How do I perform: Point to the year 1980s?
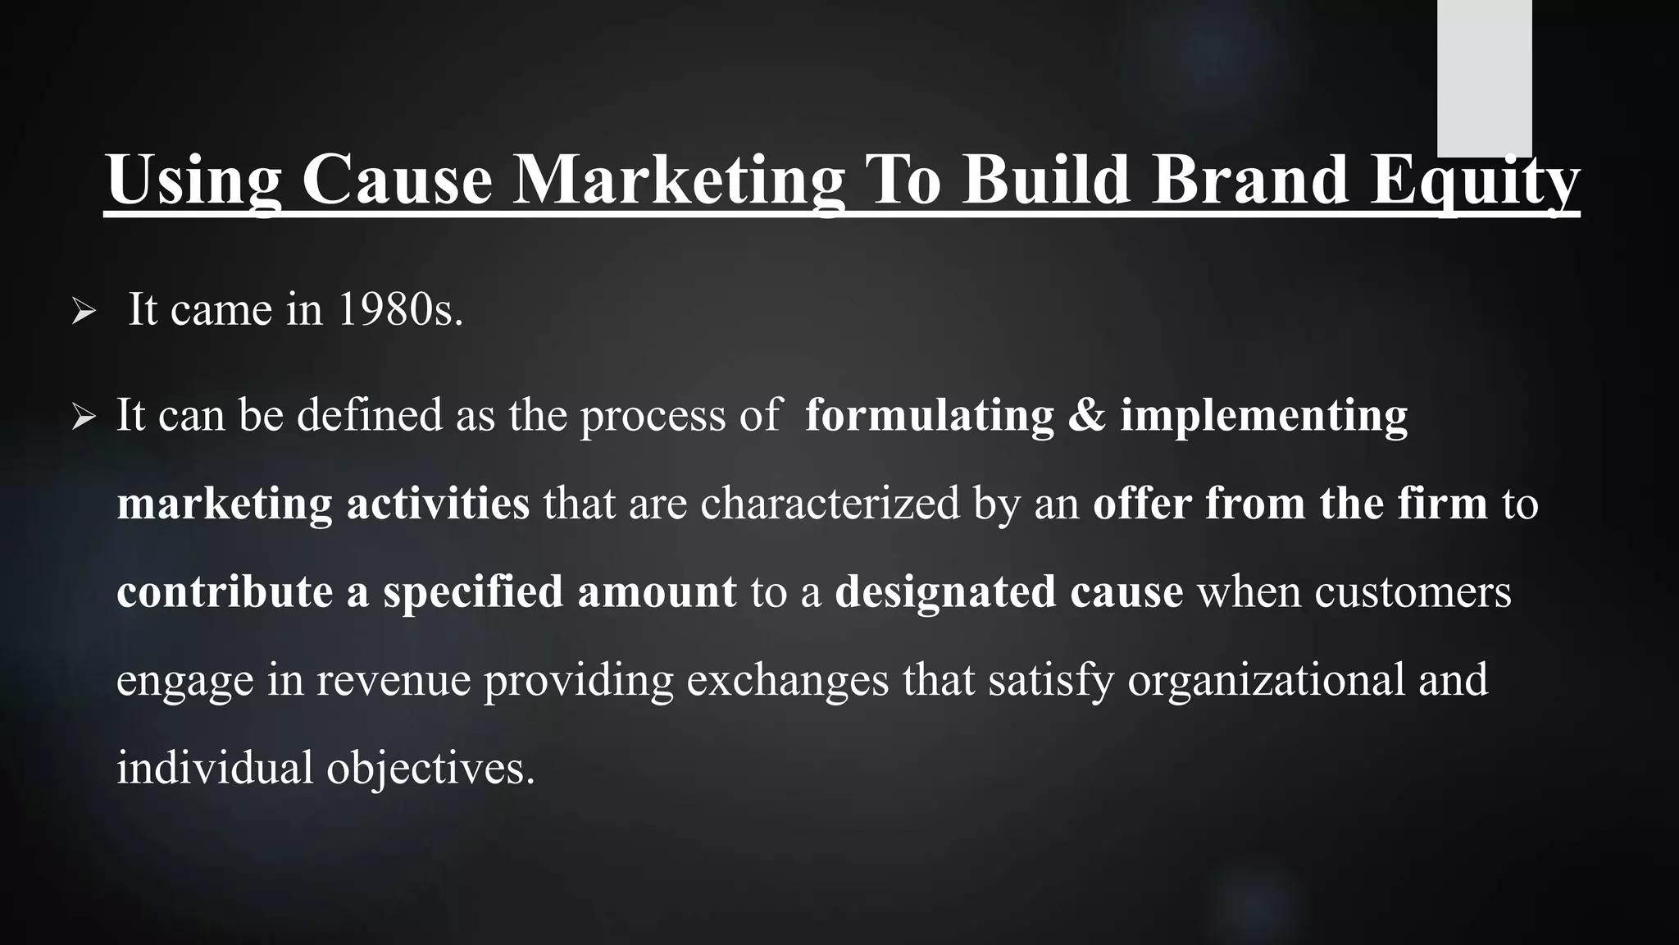pyautogui.click(x=399, y=310)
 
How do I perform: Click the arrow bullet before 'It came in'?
pyautogui.click(x=84, y=312)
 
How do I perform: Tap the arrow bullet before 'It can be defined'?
pyautogui.click(x=84, y=417)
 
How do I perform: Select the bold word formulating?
pyautogui.click(x=929, y=416)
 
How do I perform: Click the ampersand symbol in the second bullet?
pyautogui.click(x=1087, y=416)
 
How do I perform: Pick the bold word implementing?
pyautogui.click(x=1263, y=416)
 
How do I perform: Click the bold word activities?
pyautogui.click(x=438, y=504)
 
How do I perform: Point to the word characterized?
pyautogui.click(x=830, y=504)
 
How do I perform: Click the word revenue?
pyautogui.click(x=394, y=681)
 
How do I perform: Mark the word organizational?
pyautogui.click(x=1267, y=681)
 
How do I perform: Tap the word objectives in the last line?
pyautogui.click(x=430, y=769)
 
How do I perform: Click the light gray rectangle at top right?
pyautogui.click(x=1484, y=78)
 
